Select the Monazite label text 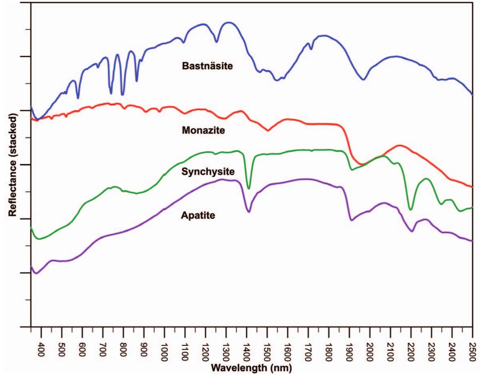[x=203, y=130]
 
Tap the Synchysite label [x=208, y=172]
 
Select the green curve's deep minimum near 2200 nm [x=410, y=209]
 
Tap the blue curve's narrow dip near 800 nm [x=123, y=95]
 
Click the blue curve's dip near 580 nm [x=78, y=98]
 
